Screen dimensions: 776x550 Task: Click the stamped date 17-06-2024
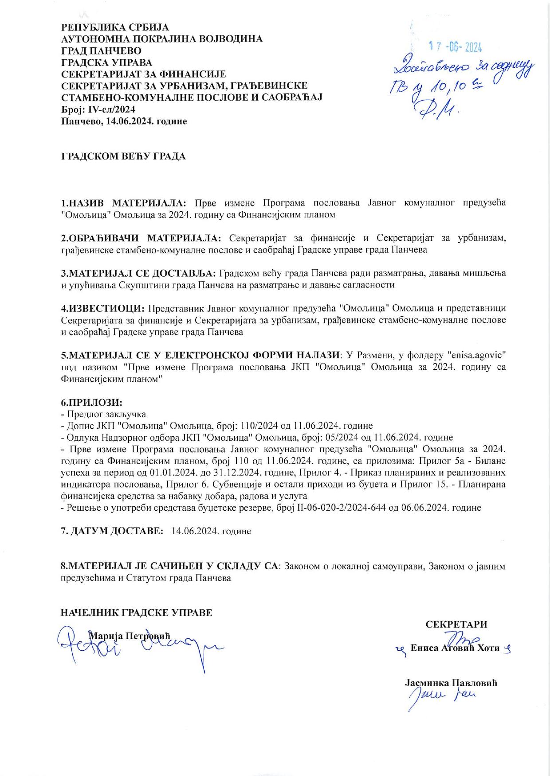click(x=456, y=47)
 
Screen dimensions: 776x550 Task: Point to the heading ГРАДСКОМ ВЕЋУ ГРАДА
click(x=123, y=156)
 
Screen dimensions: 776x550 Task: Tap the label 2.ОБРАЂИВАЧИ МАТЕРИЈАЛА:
click(x=141, y=238)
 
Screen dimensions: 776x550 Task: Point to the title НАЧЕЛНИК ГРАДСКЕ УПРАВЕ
click(x=137, y=613)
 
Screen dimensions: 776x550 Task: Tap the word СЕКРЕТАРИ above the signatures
click(x=456, y=625)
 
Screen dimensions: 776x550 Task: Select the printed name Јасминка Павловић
click(x=451, y=683)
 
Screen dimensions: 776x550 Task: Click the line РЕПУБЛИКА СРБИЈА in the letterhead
click(x=115, y=27)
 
